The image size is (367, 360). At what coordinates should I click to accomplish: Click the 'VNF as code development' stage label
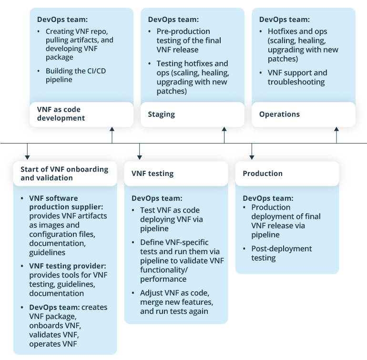61,113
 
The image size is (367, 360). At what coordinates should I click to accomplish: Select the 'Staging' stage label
162,114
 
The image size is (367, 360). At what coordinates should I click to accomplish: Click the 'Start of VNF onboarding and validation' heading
64,174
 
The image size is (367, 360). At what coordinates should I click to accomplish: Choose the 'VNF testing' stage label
153,174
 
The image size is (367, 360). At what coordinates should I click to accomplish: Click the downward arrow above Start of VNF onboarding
27,151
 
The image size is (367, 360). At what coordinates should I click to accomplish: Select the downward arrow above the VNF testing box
139,151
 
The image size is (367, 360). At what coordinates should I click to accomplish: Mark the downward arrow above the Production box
252,151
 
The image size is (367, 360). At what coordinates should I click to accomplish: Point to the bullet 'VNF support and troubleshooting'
297,77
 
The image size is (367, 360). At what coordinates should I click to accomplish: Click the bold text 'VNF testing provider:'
67,266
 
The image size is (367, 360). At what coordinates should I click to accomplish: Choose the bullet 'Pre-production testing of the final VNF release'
189,41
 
